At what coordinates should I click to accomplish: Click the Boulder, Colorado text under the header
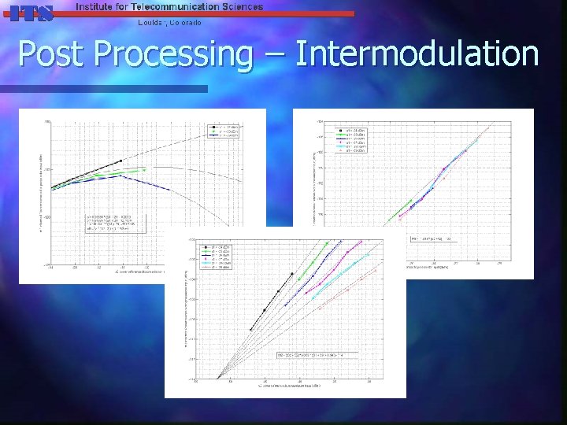point(169,22)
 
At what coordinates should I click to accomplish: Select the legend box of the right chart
point(358,137)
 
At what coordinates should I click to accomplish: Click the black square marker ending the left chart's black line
point(120,161)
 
